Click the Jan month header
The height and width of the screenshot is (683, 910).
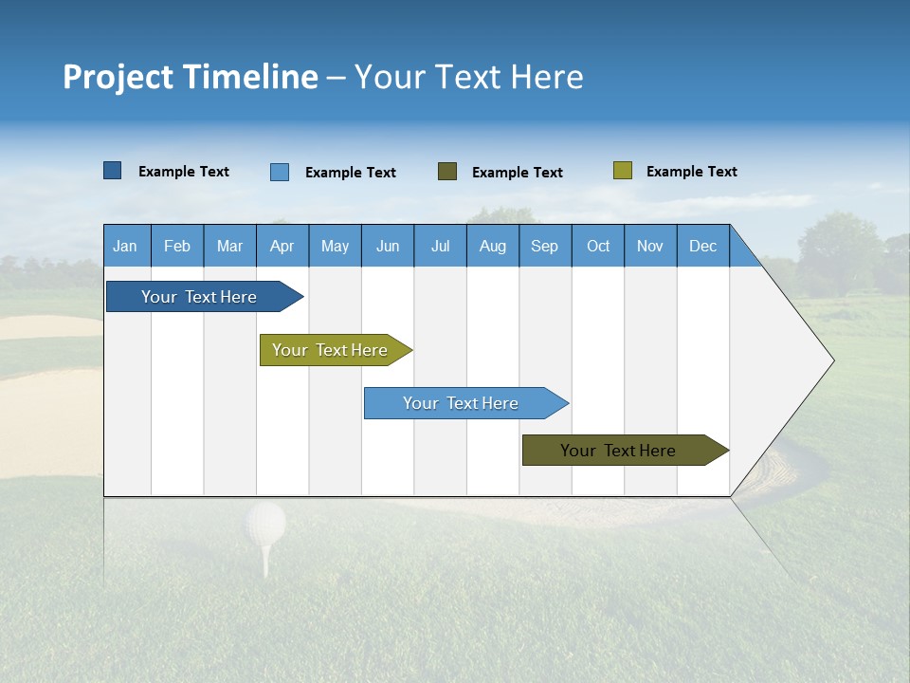126,246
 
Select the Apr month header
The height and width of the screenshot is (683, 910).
282,246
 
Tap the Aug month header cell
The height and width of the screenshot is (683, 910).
492,246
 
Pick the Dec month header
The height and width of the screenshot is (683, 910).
702,246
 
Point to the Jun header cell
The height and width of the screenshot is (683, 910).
387,246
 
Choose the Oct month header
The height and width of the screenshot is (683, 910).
597,246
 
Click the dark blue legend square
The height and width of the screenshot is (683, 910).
112,171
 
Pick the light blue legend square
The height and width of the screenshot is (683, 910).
280,172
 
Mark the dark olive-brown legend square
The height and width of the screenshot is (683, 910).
447,172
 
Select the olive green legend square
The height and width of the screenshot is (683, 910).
622,171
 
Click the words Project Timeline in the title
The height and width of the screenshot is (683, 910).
191,77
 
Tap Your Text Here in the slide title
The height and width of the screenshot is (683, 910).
468,77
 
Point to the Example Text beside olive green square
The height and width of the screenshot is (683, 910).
691,172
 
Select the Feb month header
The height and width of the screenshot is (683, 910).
177,246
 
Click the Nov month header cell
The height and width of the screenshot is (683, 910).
649,246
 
